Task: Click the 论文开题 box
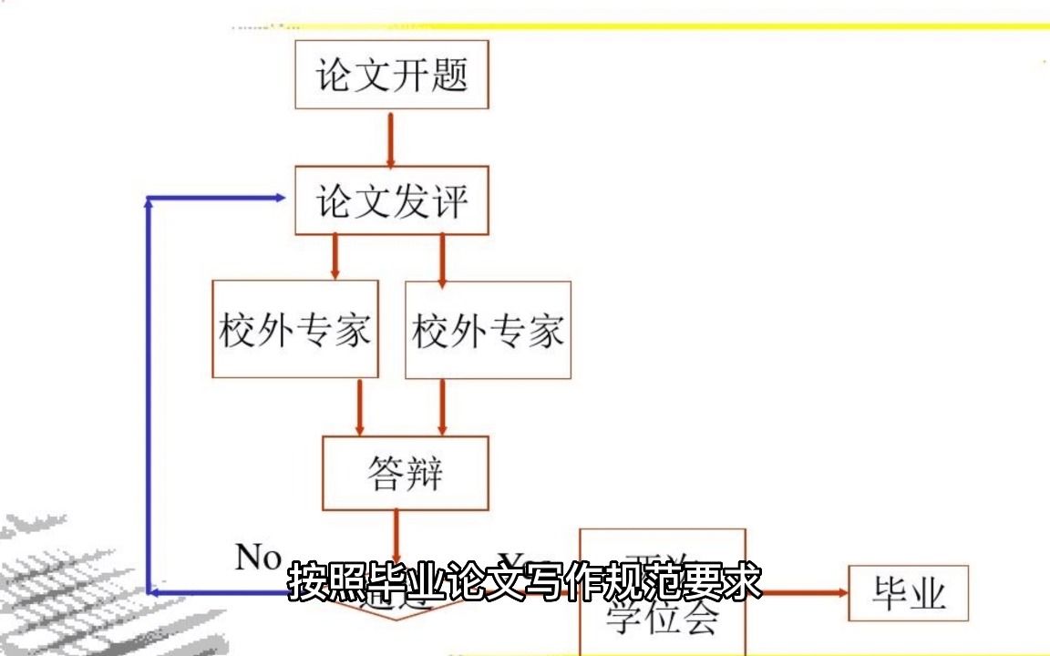391,75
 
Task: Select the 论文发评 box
391,200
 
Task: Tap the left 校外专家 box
294,329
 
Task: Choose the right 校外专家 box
488,330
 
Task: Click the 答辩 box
406,473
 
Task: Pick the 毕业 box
908,593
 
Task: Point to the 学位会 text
663,620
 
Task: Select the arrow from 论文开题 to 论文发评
391,138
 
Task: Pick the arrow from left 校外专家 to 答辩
360,406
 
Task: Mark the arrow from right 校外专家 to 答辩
443,406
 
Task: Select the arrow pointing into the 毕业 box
802,593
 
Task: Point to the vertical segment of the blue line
148,392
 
